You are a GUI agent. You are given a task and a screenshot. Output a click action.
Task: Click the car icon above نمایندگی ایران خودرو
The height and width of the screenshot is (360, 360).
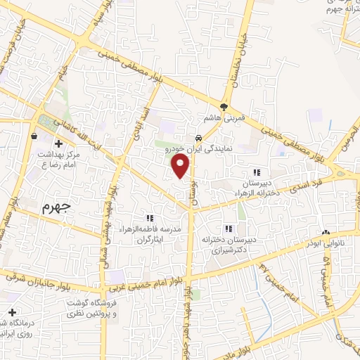[x=200, y=138]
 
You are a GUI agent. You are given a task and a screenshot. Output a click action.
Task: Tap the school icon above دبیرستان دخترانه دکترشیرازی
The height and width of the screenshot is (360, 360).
[x=228, y=229]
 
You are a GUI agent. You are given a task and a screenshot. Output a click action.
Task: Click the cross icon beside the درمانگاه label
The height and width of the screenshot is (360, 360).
[x=11, y=312]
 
